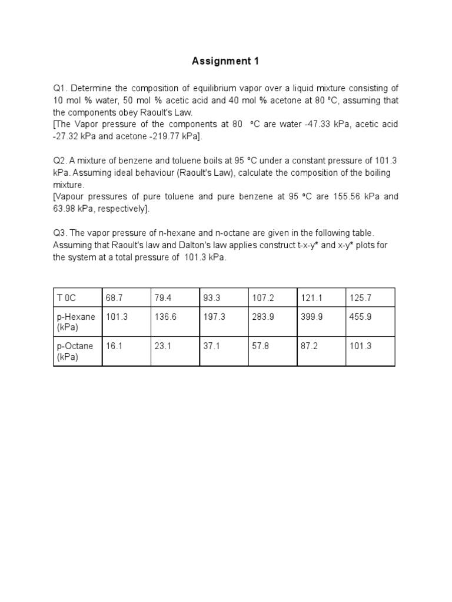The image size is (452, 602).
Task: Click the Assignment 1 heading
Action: click(225, 61)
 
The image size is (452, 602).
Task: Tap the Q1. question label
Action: click(61, 88)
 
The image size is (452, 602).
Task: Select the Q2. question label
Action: click(61, 160)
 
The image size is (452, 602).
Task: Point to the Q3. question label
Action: click(61, 233)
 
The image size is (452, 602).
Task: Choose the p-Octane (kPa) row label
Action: click(75, 352)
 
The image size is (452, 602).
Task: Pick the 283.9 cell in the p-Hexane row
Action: click(262, 317)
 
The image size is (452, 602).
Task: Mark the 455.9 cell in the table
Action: click(360, 317)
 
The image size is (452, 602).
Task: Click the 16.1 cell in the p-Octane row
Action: click(114, 347)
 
